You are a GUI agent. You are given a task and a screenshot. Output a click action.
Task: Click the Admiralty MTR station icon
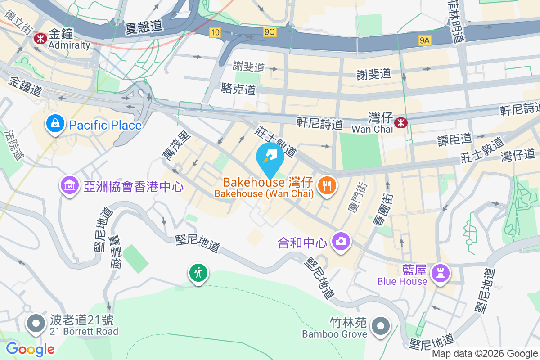click(x=40, y=39)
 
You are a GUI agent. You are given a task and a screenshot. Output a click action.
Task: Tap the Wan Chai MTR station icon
click(x=400, y=122)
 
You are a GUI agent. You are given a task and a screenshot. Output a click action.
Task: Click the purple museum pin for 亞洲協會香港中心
click(x=70, y=185)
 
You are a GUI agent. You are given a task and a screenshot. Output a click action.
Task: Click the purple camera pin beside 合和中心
click(x=341, y=241)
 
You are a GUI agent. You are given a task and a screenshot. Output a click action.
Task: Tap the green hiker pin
click(x=198, y=273)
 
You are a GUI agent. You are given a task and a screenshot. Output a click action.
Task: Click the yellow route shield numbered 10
click(x=215, y=32)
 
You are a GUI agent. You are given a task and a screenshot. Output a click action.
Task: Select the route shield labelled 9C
click(x=270, y=32)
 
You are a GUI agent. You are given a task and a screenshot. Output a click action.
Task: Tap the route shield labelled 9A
click(x=425, y=41)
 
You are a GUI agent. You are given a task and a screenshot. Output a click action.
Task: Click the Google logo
click(x=30, y=349)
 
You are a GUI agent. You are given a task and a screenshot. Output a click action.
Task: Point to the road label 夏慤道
click(x=144, y=27)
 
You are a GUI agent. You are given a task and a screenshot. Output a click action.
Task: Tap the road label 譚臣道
click(x=454, y=139)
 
